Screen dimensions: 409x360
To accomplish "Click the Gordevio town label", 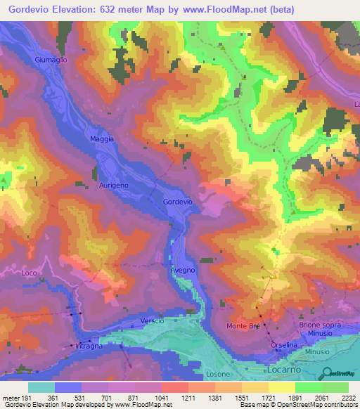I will [177, 202].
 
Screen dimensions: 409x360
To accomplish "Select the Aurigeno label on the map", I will [112, 185].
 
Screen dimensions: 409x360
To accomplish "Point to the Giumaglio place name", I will [51, 60].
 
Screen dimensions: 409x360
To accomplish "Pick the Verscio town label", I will [152, 320].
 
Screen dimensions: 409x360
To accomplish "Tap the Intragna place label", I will [89, 346].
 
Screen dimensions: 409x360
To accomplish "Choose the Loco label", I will [29, 272].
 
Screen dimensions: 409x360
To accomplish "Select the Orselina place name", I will [285, 346].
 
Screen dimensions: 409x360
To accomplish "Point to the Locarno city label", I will [285, 368].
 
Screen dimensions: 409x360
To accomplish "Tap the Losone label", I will [217, 374].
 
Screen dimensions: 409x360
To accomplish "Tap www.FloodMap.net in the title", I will [225, 9].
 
